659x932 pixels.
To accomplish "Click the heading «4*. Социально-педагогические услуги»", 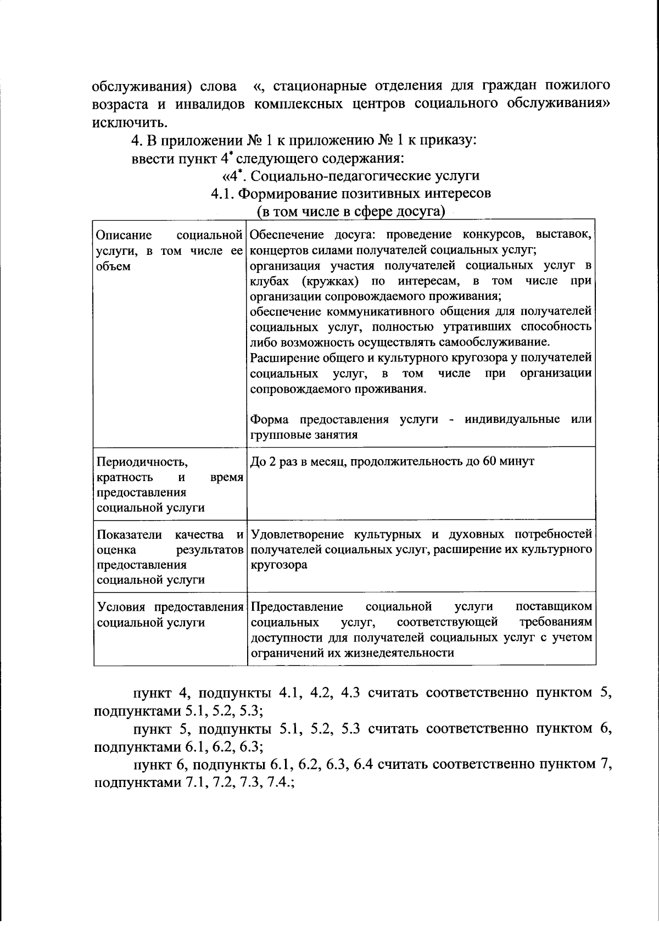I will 350,176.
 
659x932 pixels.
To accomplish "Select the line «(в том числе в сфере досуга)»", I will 350,211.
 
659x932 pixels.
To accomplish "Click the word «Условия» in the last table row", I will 123,607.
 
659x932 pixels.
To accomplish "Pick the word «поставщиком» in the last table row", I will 554,607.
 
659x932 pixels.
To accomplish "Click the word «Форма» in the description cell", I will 270,420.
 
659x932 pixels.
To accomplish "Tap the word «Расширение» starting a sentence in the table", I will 283,358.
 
